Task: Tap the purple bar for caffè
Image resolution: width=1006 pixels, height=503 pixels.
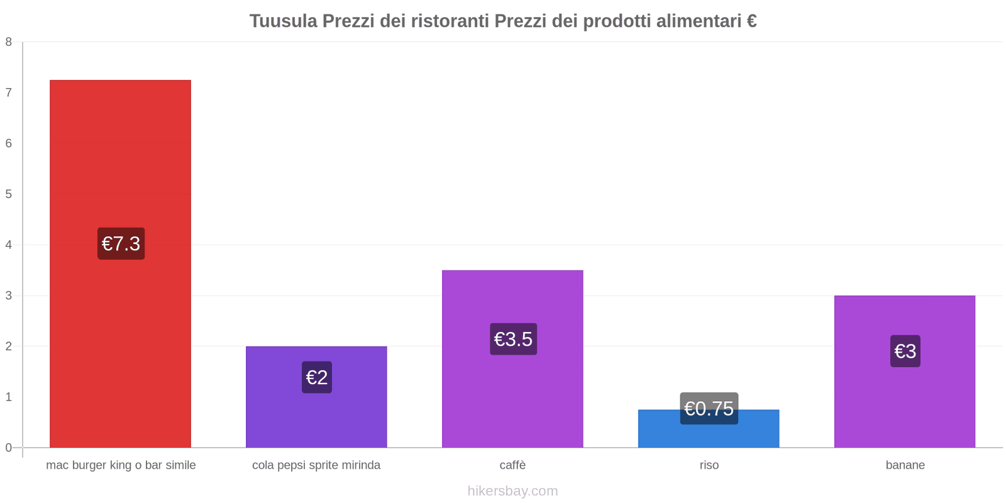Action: [x=512, y=390]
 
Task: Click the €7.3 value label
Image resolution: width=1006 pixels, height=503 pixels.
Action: [x=121, y=243]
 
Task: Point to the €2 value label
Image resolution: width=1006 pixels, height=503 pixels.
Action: [x=317, y=377]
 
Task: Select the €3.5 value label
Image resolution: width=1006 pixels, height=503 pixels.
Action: [x=513, y=339]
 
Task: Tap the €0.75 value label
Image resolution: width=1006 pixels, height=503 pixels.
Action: [x=709, y=408]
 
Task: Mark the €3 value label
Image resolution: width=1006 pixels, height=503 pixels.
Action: [x=905, y=351]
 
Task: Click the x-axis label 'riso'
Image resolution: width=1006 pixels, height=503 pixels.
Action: [x=709, y=465]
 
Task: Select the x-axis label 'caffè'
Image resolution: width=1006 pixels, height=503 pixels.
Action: [x=512, y=465]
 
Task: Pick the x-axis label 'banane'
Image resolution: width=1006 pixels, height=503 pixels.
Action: [x=905, y=465]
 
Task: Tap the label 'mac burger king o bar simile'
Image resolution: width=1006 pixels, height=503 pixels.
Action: [x=121, y=465]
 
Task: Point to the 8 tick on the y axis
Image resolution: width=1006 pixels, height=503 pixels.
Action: [x=9, y=42]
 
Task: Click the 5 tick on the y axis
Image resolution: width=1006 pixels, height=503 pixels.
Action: [x=9, y=194]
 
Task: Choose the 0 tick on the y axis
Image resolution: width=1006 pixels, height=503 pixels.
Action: [x=9, y=448]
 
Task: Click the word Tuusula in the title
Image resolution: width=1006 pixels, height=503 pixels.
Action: [x=283, y=21]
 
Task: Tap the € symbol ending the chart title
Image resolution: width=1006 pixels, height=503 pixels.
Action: [x=751, y=21]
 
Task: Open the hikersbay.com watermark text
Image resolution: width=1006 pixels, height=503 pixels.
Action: [x=512, y=491]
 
